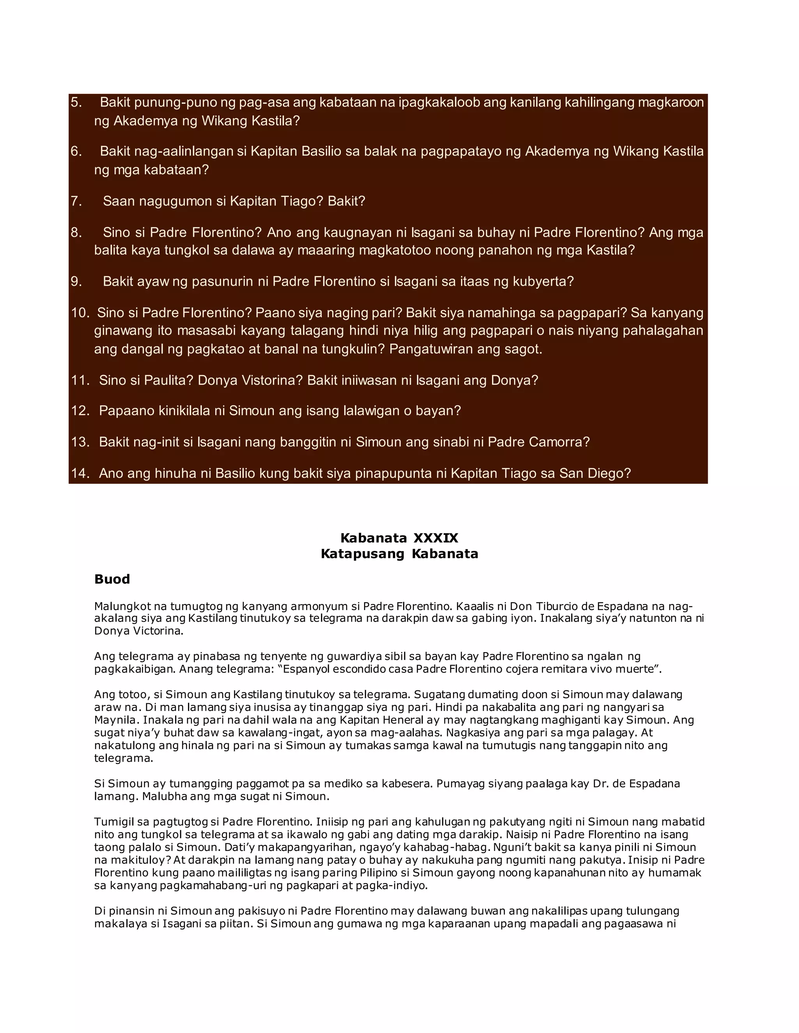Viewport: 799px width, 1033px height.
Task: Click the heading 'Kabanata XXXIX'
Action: [399, 538]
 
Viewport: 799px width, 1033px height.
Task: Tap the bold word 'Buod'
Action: [112, 579]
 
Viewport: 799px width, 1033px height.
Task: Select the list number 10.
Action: [80, 313]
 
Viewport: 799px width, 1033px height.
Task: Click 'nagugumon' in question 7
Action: [175, 201]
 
